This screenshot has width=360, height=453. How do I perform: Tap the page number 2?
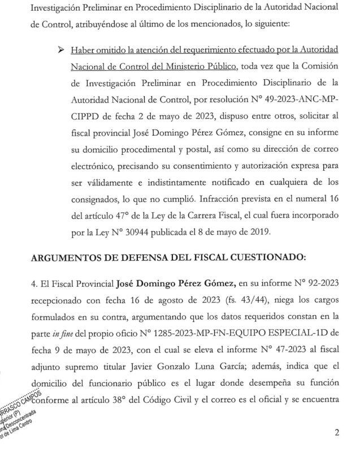coord(337,433)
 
